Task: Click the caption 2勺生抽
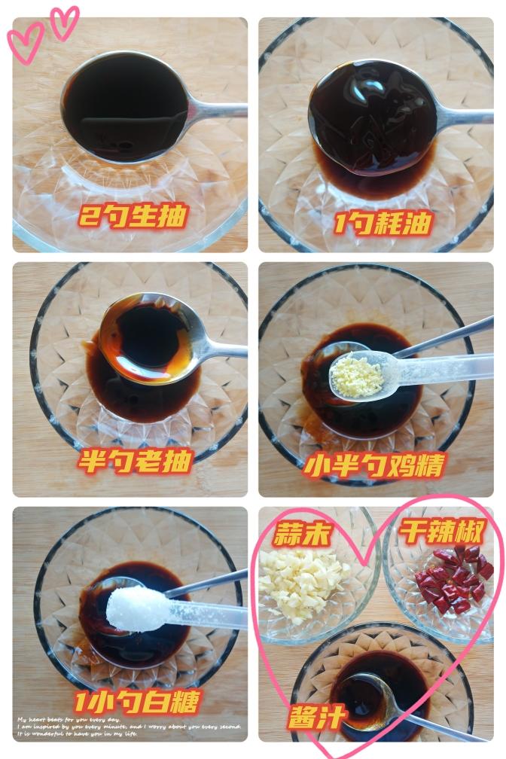pyautogui.click(x=133, y=218)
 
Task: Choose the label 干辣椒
pyautogui.click(x=440, y=532)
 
